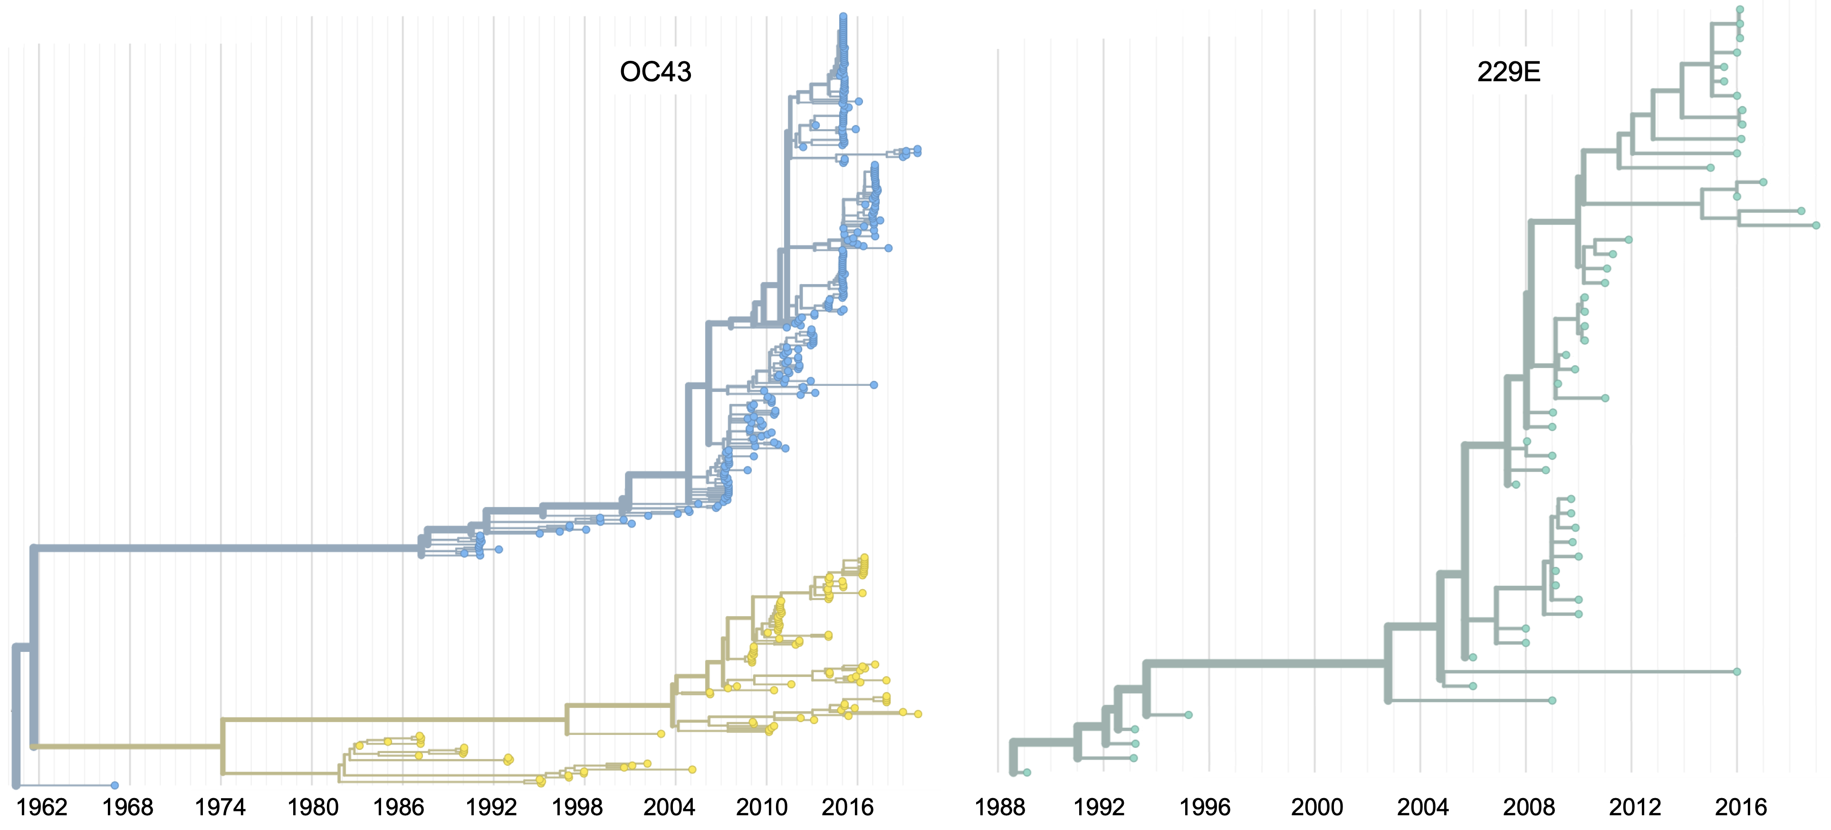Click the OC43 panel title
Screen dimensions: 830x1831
click(x=655, y=72)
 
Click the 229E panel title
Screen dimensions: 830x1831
click(x=1508, y=72)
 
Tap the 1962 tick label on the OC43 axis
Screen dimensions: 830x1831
click(x=42, y=807)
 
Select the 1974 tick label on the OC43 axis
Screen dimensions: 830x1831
click(x=220, y=807)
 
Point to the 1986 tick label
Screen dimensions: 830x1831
click(x=399, y=807)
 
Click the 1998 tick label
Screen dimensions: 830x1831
click(x=577, y=807)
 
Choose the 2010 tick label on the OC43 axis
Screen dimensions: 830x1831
click(x=761, y=807)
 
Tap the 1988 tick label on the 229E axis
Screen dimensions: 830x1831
click(x=999, y=807)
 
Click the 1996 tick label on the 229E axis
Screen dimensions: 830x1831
click(x=1205, y=807)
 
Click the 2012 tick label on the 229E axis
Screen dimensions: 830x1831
click(x=1635, y=807)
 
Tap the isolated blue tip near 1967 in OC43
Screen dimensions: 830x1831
click(x=115, y=785)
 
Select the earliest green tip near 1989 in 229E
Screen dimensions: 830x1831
click(x=1026, y=773)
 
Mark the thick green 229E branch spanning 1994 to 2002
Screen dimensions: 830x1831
click(x=1265, y=664)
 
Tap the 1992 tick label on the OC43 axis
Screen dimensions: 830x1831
click(x=490, y=807)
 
